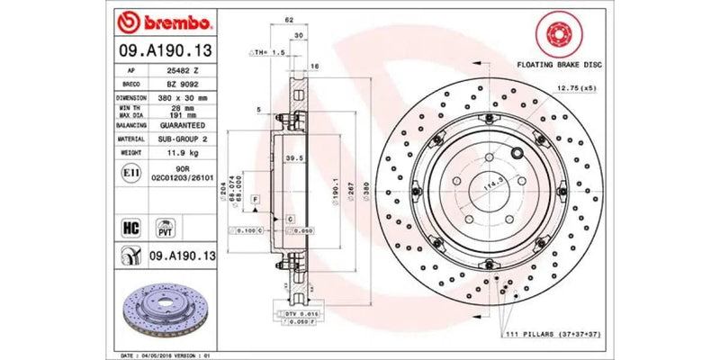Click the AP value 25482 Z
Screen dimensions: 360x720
pos(188,68)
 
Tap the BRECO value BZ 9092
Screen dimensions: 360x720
pos(188,82)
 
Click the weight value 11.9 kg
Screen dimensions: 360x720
pos(188,153)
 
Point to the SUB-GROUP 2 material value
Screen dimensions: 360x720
pos(188,139)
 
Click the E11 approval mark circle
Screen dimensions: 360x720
pos(130,171)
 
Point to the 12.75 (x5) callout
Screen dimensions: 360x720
pos(577,88)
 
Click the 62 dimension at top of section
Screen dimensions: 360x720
pos(289,18)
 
